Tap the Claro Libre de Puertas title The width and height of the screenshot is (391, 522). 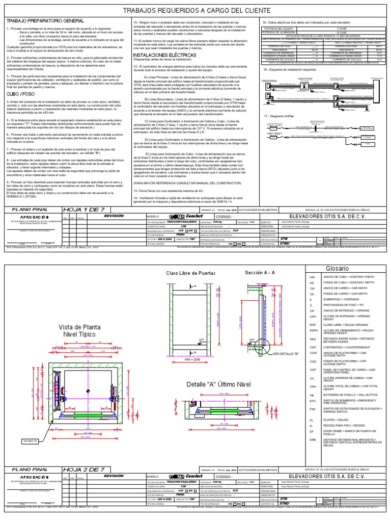point(188,274)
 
